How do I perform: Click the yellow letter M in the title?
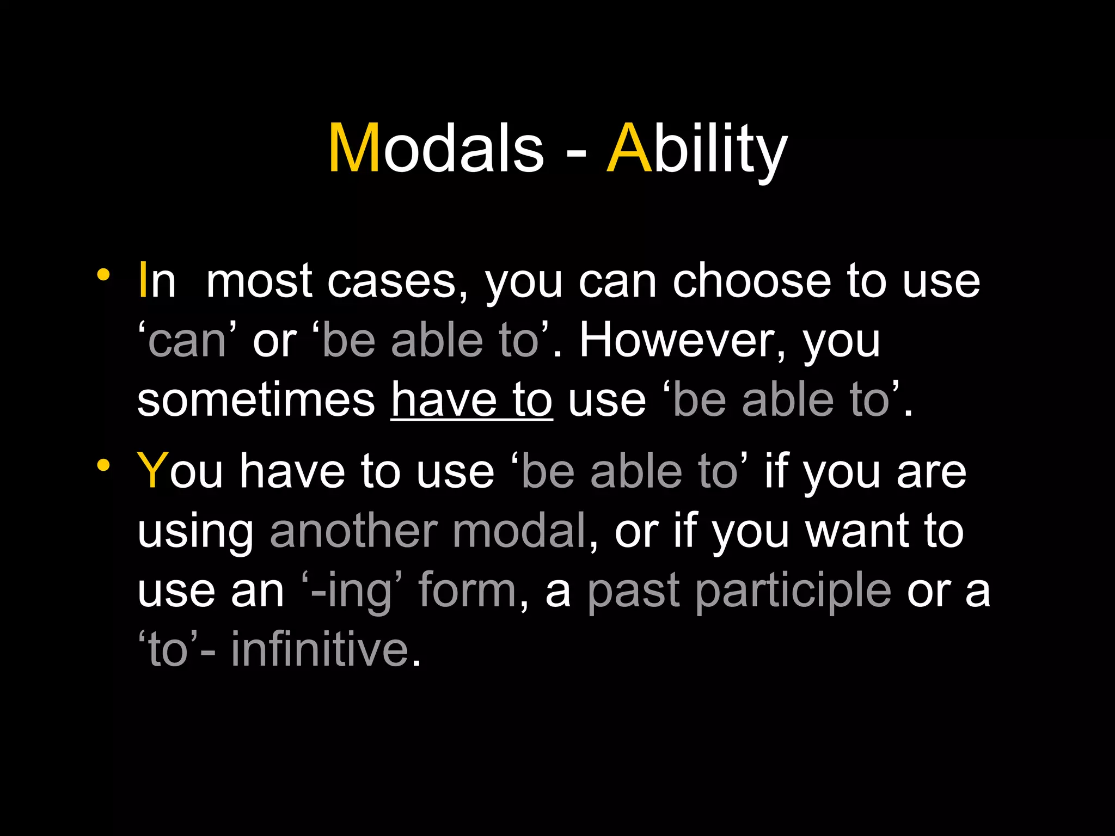click(354, 148)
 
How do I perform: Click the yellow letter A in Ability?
click(629, 148)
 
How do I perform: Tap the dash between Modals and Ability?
click(576, 153)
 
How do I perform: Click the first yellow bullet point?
click(103, 275)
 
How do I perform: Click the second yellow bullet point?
click(103, 466)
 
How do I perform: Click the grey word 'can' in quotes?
click(187, 342)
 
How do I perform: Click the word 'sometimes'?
click(256, 401)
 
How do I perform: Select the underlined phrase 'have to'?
click(471, 401)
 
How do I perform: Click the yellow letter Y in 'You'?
click(152, 471)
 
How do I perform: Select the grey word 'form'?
click(467, 590)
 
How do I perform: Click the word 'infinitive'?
click(320, 649)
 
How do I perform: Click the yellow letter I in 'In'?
click(143, 281)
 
